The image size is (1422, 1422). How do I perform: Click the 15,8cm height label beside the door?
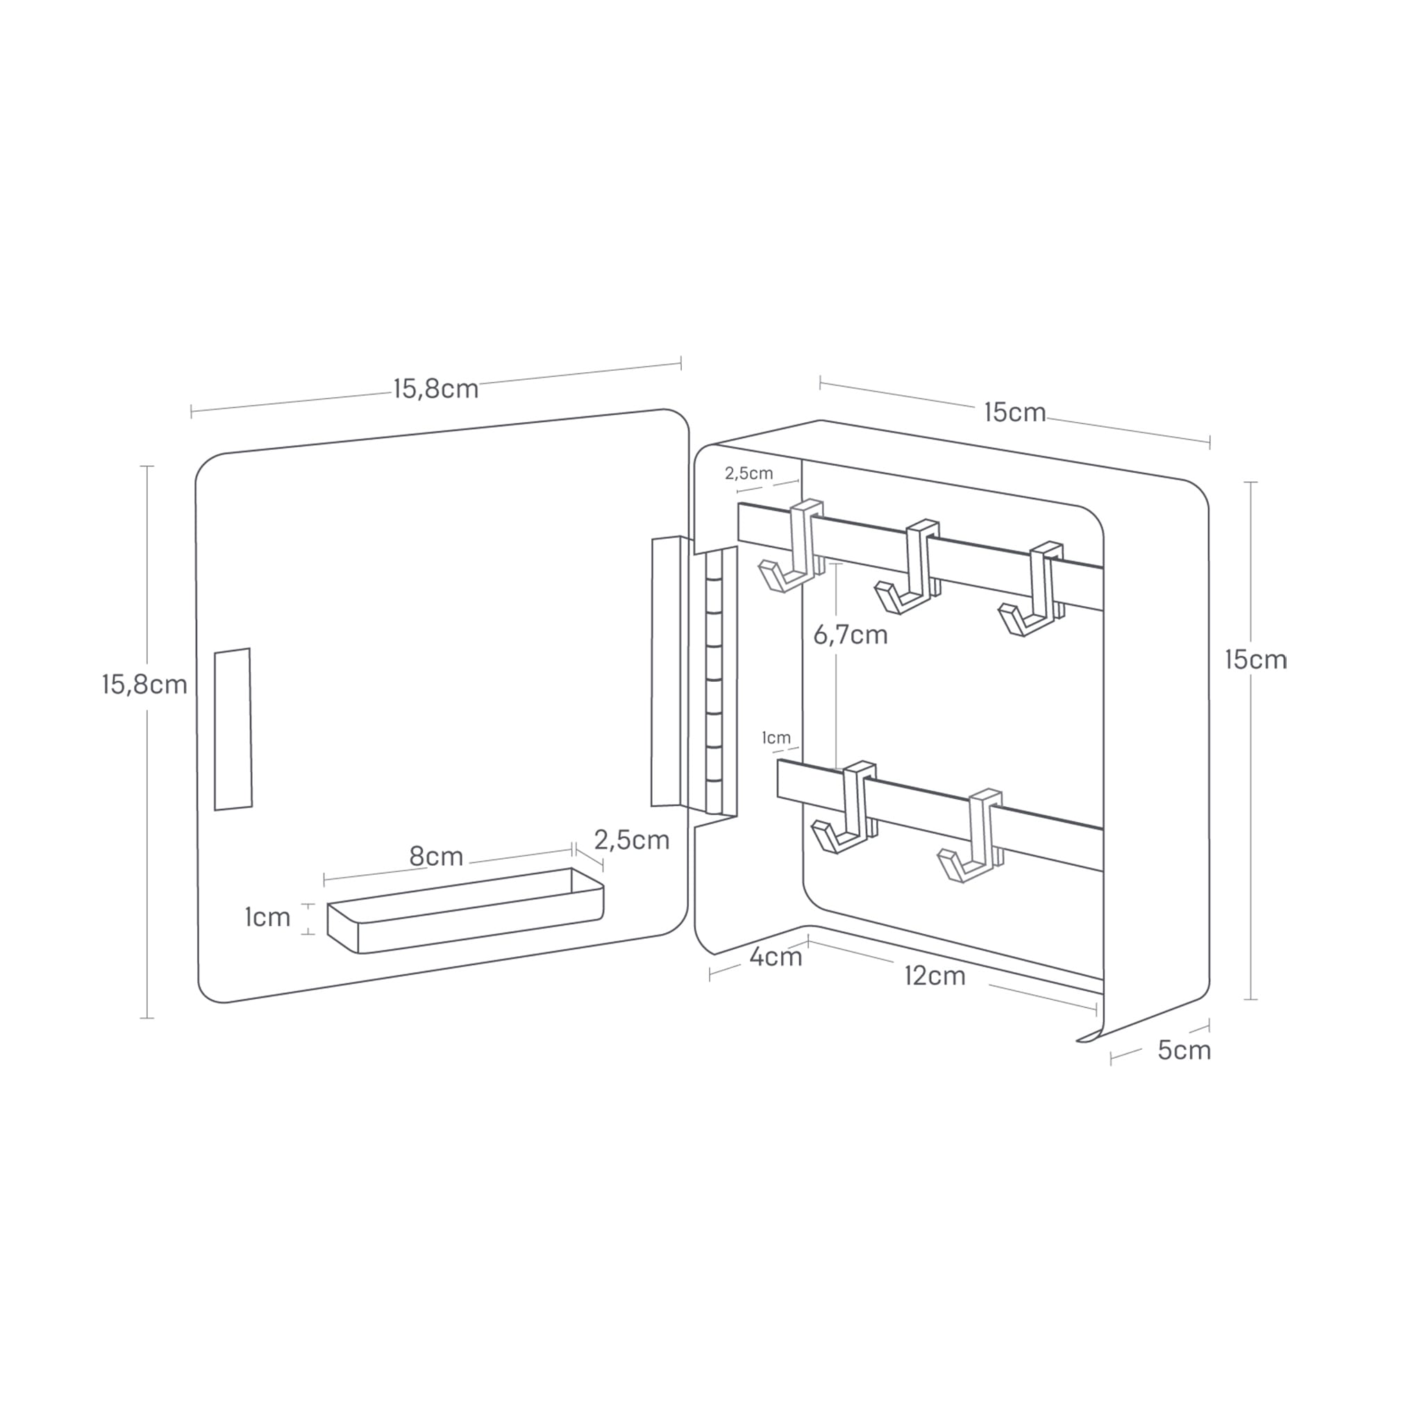[144, 685]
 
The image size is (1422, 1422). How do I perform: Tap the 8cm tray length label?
[436, 857]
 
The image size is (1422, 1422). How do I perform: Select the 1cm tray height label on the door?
[267, 917]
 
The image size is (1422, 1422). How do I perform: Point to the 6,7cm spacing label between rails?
[850, 635]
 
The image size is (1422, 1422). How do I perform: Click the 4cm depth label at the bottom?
[775, 957]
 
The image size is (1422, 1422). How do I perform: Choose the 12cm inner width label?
[934, 976]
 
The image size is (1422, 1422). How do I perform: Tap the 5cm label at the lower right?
[1184, 1051]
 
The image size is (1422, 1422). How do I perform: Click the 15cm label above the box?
[1014, 412]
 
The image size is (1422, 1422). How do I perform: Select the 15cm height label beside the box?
[1255, 660]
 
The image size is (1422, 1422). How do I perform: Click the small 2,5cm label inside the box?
[748, 474]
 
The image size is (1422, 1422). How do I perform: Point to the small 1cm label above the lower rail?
[776, 737]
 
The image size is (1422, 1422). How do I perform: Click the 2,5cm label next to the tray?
[632, 840]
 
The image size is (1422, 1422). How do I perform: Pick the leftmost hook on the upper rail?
[794, 549]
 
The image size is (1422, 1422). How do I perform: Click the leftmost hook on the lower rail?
[846, 809]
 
